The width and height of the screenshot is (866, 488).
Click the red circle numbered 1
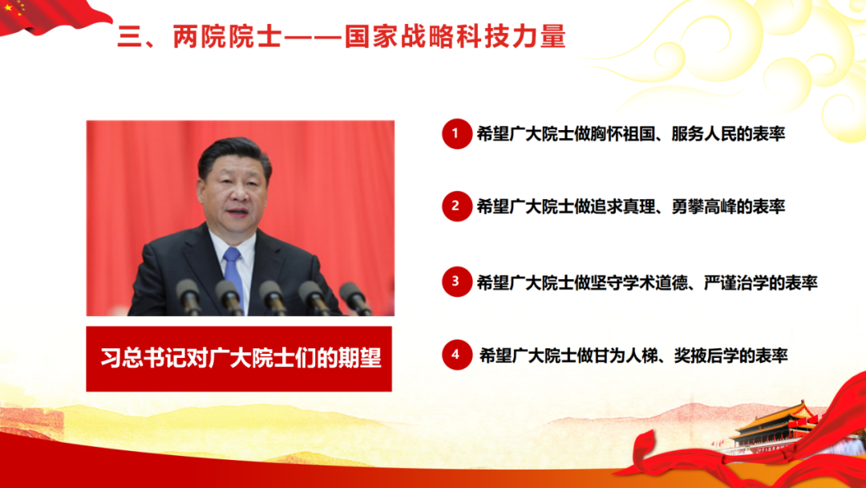coord(455,134)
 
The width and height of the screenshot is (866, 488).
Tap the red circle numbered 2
coord(455,206)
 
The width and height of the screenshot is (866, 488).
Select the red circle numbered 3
coord(455,282)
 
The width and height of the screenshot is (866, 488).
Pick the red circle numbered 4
coord(455,355)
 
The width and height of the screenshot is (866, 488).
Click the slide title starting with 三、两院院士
coord(342,37)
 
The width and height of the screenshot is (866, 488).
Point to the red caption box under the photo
coord(239,359)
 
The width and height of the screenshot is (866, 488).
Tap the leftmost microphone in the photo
coord(189,295)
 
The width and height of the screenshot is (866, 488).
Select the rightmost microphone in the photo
coord(354,297)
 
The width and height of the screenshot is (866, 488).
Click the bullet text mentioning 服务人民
coord(630,134)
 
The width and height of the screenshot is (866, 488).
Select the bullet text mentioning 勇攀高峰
coord(630,206)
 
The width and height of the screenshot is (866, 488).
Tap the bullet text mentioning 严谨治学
coord(646,282)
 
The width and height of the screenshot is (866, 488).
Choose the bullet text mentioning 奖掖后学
coord(633,355)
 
